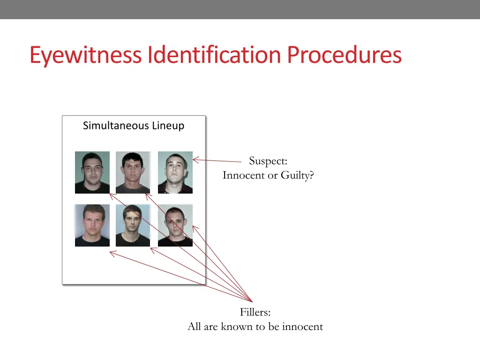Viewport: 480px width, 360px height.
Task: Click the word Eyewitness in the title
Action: pyautogui.click(x=86, y=55)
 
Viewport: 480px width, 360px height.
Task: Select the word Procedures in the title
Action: pyautogui.click(x=344, y=55)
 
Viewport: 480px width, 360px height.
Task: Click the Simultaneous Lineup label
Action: pyautogui.click(x=134, y=126)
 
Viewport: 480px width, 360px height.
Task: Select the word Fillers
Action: pyautogui.click(x=255, y=312)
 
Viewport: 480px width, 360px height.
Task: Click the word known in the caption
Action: pyautogui.click(x=236, y=327)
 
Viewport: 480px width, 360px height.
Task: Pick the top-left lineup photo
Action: pyautogui.click(x=92, y=172)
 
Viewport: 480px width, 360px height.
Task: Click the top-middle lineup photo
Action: pyautogui.click(x=133, y=172)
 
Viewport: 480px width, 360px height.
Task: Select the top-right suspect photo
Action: pyautogui.click(x=175, y=172)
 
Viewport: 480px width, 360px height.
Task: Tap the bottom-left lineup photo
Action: pyautogui.click(x=92, y=225)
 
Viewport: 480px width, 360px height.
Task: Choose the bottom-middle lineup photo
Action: pyautogui.click(x=133, y=225)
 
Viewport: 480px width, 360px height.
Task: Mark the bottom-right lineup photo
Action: pyautogui.click(x=175, y=225)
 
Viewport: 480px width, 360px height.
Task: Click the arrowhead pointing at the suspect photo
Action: pyautogui.click(x=195, y=160)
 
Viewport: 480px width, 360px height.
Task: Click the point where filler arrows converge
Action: pyautogui.click(x=252, y=301)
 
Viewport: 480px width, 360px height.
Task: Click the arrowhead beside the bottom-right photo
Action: pyautogui.click(x=195, y=228)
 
